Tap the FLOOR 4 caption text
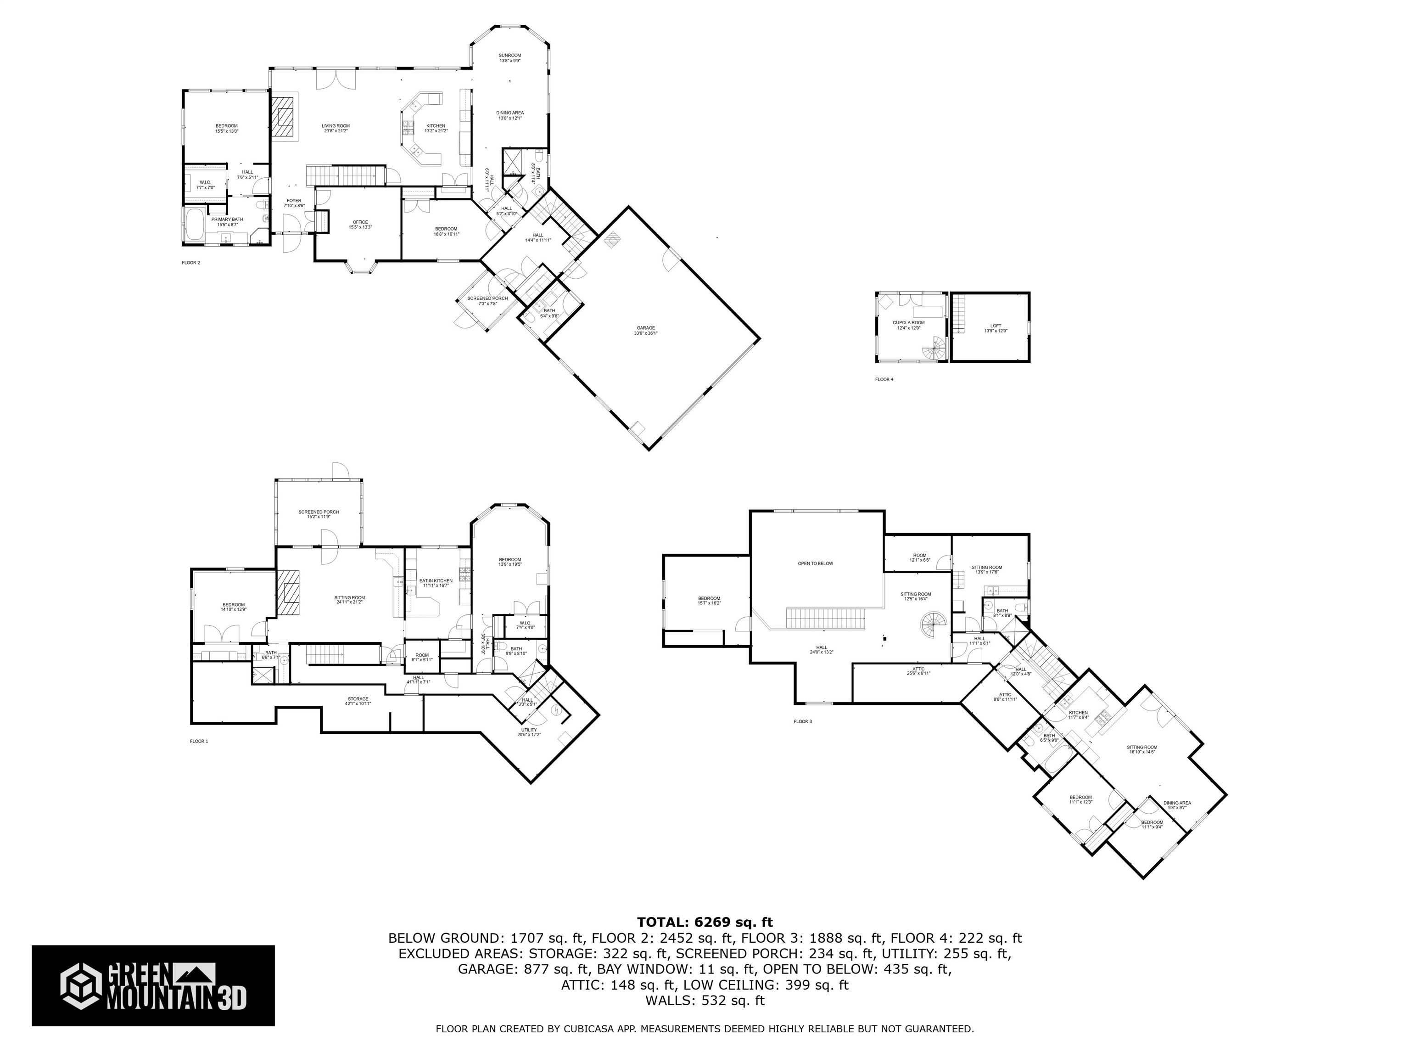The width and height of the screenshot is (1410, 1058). [x=884, y=379]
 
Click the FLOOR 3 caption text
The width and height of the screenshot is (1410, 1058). [x=802, y=721]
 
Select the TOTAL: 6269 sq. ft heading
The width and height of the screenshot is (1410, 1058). [x=705, y=922]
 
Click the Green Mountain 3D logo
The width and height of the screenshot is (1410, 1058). [x=153, y=986]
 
